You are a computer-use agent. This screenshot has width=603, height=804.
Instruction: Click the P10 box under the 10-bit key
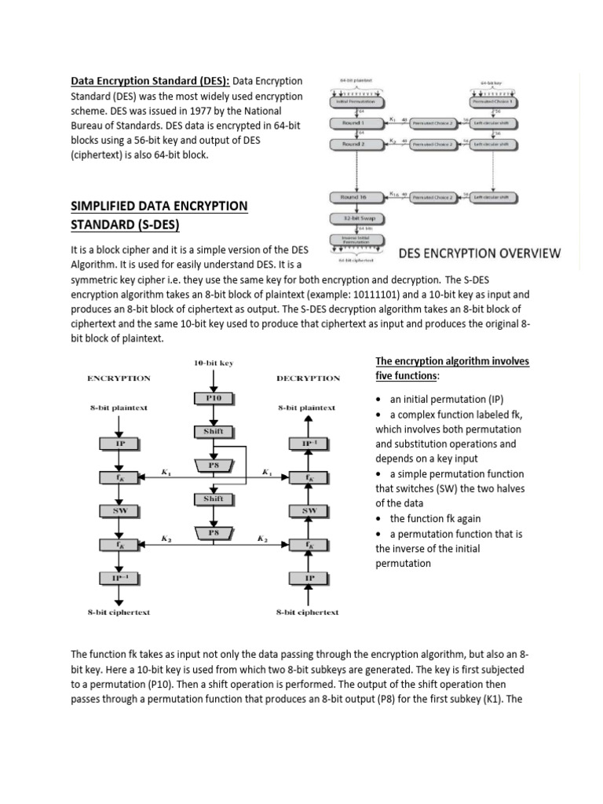(214, 397)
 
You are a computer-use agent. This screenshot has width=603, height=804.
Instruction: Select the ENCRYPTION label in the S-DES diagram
(118, 378)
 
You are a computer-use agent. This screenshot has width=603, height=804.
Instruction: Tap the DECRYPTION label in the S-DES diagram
(309, 378)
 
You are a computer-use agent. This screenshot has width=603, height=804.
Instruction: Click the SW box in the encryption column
(118, 510)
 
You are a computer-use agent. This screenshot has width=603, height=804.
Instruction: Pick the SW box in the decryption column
(309, 510)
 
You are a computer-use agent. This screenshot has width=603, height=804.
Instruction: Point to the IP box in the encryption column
(118, 443)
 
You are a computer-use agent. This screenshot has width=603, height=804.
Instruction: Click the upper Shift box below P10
(214, 431)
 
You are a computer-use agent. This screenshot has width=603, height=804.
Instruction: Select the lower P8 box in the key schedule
(214, 533)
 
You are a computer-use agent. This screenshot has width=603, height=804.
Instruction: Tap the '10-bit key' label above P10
(214, 363)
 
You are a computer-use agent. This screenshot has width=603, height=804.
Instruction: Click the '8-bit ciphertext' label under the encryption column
(119, 612)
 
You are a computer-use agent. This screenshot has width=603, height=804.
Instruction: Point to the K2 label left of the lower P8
(166, 539)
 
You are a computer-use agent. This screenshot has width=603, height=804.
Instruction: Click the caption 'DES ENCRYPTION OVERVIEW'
(479, 253)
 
